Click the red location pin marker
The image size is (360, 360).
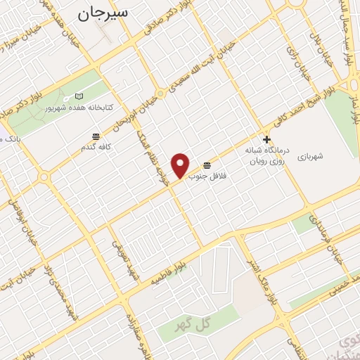181,165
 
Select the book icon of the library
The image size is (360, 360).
79,96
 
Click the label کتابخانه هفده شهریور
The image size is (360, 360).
79,108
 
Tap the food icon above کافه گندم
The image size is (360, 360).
95,136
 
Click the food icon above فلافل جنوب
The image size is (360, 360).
206,165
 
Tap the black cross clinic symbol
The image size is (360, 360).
266,140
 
